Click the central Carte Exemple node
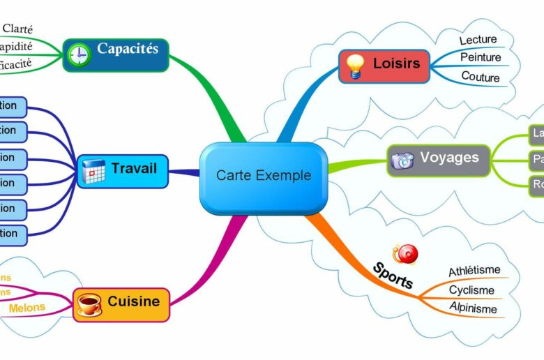[264, 176]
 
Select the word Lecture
[478, 40]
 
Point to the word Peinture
[481, 58]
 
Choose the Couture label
[481, 76]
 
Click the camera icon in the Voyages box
[402, 160]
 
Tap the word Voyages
[449, 158]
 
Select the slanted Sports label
[393, 276]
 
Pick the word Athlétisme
[474, 271]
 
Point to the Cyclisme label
[471, 290]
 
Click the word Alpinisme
[473, 308]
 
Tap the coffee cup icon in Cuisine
[89, 304]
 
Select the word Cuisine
[133, 302]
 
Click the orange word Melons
[27, 307]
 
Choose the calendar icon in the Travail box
[93, 171]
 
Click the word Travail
[134, 168]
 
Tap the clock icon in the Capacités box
[79, 54]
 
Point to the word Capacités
[128, 49]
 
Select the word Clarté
[18, 29]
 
